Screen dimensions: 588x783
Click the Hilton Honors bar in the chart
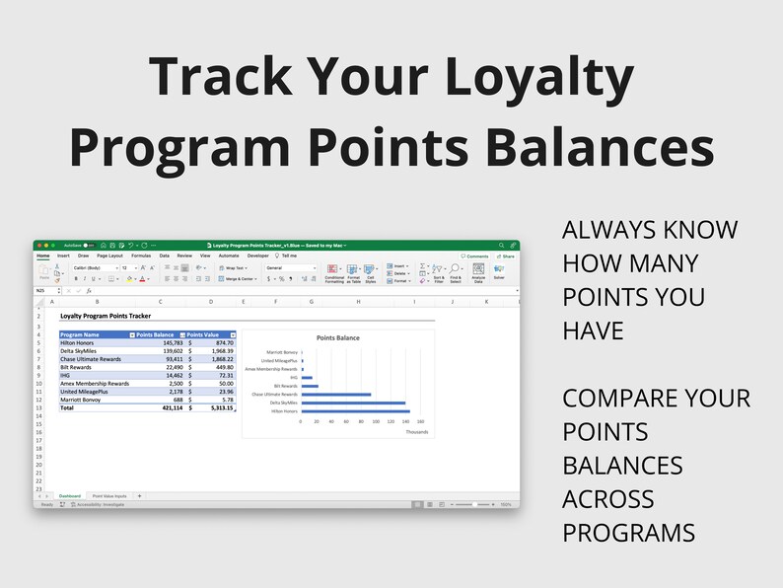[x=355, y=411]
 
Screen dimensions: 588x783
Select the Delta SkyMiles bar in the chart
[x=353, y=403]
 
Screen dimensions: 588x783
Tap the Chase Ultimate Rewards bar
[x=335, y=394]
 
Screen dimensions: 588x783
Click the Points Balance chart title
[x=337, y=337]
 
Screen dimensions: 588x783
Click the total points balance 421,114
[x=164, y=406]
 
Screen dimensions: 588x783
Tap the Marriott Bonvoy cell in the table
[x=83, y=399]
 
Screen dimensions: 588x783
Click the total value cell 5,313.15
[x=217, y=406]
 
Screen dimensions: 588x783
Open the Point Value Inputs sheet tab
[x=108, y=495]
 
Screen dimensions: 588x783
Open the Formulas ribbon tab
[x=141, y=256]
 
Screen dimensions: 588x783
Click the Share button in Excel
[x=507, y=256]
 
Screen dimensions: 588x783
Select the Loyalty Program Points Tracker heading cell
[x=106, y=318]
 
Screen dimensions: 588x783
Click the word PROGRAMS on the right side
[x=628, y=533]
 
